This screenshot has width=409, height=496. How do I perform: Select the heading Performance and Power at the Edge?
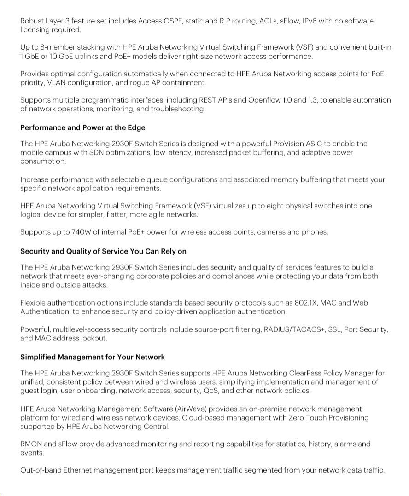pyautogui.click(x=83, y=127)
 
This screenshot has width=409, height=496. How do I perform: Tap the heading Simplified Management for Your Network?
pyautogui.click(x=93, y=357)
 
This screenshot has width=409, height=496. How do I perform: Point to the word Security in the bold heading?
pyautogui.click(x=35, y=251)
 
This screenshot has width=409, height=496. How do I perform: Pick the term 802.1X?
pyautogui.click(x=305, y=303)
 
